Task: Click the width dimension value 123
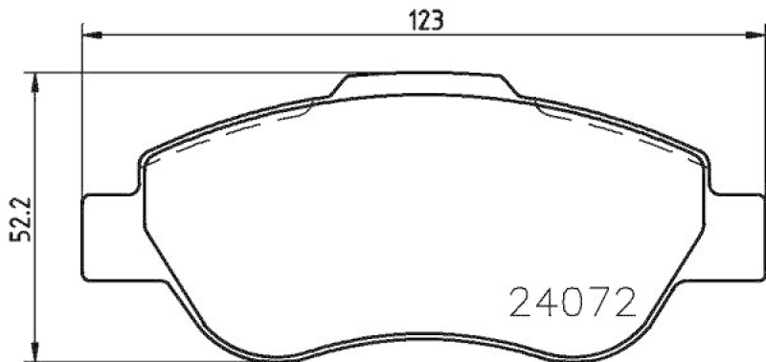coord(426,21)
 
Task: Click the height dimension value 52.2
coord(21,219)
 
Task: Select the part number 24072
coord(573,302)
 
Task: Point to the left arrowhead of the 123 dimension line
coord(92,35)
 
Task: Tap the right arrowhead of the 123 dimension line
coord(755,35)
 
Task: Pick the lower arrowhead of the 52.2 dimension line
coord(34,351)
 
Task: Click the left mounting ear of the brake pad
coord(113,238)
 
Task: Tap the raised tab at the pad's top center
coord(424,84)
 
